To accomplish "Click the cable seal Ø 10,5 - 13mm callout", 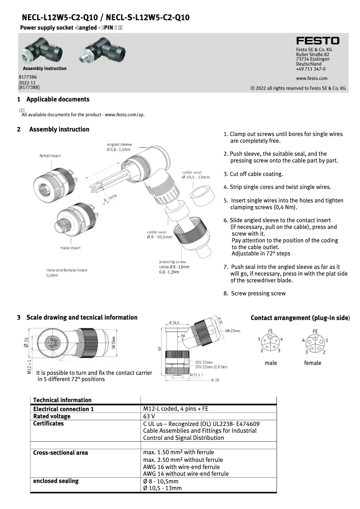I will point(195,175).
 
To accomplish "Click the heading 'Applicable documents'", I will point(57,99).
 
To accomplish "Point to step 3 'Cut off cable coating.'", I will point(253,174).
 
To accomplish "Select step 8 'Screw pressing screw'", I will point(255,294).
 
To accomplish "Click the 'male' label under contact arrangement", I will point(271,363).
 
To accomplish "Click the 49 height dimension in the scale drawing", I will point(159,348).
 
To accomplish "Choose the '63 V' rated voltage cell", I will point(149,416).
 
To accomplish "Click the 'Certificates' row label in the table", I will point(48,423).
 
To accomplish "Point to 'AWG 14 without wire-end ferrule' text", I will point(185,474).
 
